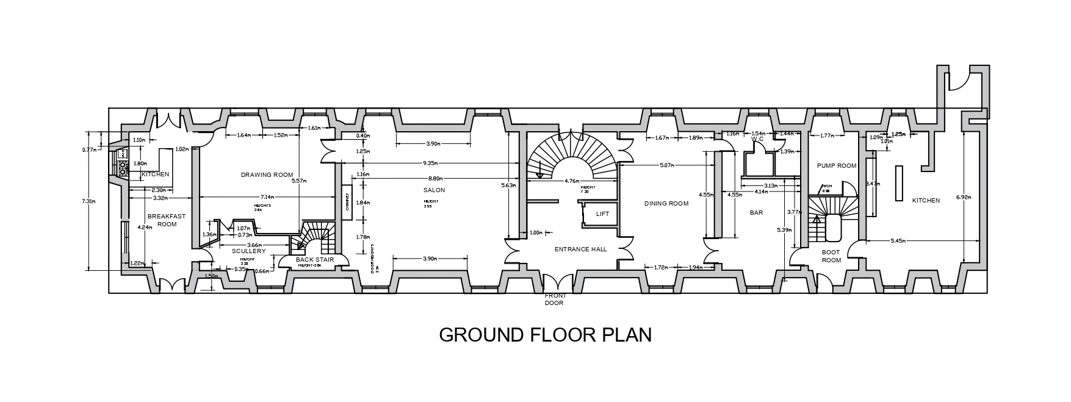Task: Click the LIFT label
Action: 602,214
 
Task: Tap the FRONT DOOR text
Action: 555,299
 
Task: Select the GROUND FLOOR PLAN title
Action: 545,336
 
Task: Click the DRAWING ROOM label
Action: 267,174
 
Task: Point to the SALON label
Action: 434,190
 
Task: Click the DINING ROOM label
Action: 666,204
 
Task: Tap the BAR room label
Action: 757,213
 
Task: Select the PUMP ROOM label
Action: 837,166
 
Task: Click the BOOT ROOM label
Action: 831,256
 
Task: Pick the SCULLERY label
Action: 249,251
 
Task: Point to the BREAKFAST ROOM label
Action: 167,220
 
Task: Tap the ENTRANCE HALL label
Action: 580,249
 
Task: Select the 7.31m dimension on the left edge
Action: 89,201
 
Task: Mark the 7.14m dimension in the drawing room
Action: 267,197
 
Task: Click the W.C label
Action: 759,139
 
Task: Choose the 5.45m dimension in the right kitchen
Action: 898,242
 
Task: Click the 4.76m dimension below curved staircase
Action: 572,181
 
